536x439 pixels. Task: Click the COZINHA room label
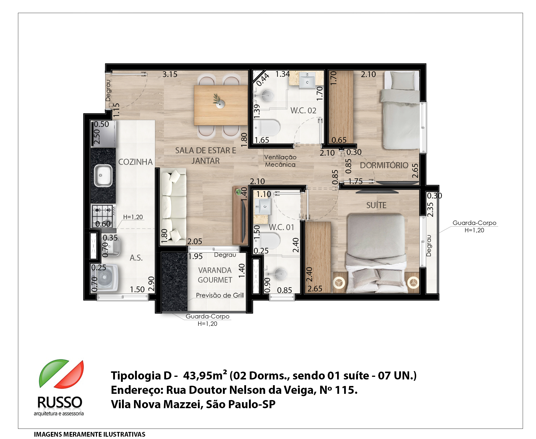click(x=135, y=162)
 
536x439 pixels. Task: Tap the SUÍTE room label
click(x=376, y=205)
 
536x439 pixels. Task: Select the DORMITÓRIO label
click(x=384, y=165)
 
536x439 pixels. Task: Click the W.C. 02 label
click(x=303, y=110)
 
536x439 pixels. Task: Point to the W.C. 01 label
click(x=281, y=227)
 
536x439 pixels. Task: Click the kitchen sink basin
click(x=103, y=175)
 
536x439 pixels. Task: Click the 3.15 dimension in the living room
click(x=170, y=74)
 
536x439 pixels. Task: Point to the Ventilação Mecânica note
click(x=280, y=161)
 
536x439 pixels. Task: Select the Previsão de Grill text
click(x=220, y=295)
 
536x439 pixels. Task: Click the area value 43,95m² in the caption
click(x=205, y=375)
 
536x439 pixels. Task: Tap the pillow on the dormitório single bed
click(x=403, y=80)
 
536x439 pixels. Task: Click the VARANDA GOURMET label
click(x=215, y=275)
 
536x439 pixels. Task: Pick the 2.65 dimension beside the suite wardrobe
click(x=315, y=289)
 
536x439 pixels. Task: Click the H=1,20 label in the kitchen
click(x=133, y=217)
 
